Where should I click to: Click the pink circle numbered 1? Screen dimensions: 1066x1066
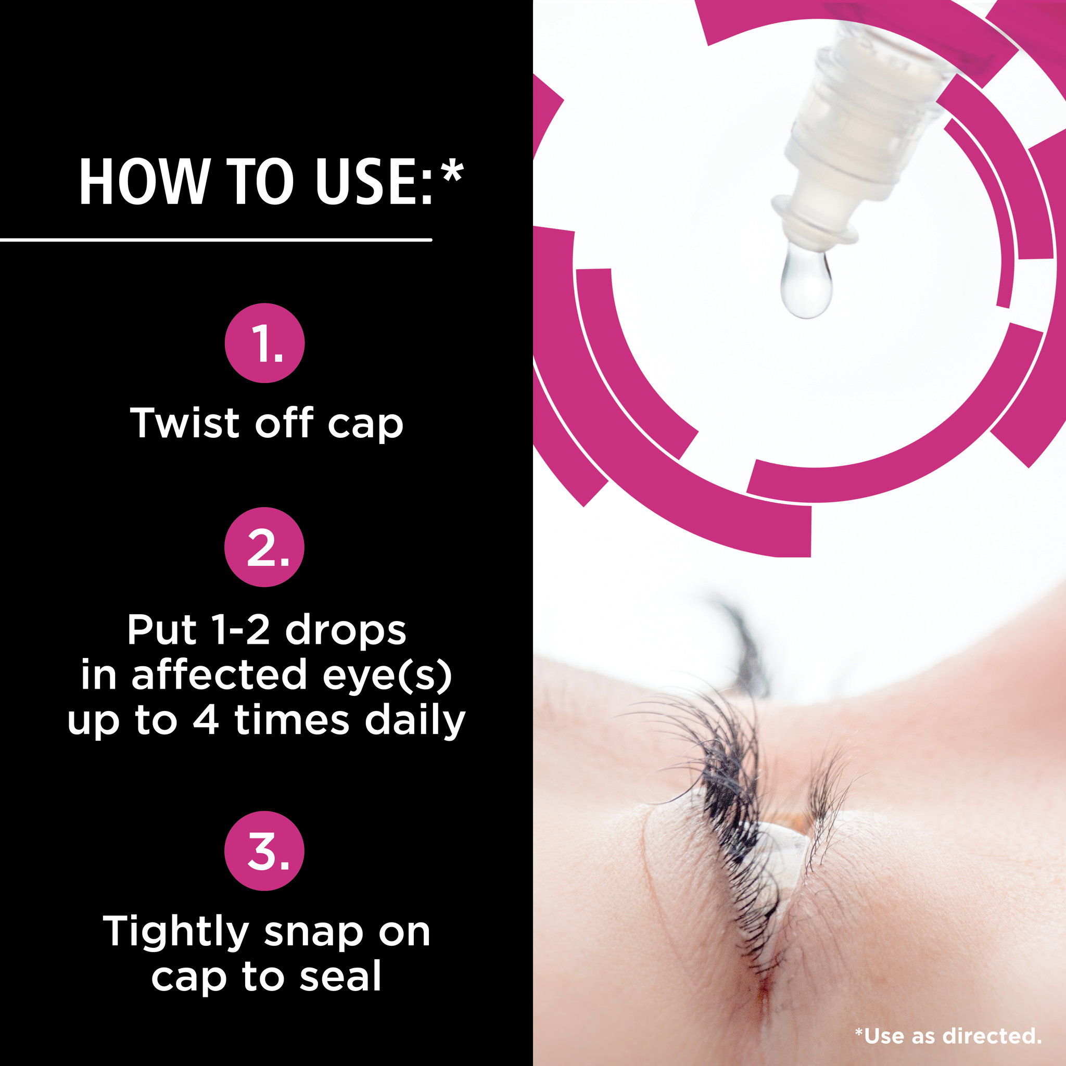pos(265,342)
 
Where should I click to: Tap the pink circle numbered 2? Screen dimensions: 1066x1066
pos(265,547)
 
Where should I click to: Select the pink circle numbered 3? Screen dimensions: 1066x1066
pos(265,851)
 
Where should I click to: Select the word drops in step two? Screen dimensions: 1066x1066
pos(346,630)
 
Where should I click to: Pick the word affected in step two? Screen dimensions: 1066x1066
pos(219,675)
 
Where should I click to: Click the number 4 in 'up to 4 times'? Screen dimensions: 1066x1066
pos(206,720)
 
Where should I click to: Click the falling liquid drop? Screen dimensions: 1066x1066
pos(806,282)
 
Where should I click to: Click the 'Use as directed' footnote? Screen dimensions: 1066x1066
pos(948,1036)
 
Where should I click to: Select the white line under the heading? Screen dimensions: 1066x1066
pos(215,240)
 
